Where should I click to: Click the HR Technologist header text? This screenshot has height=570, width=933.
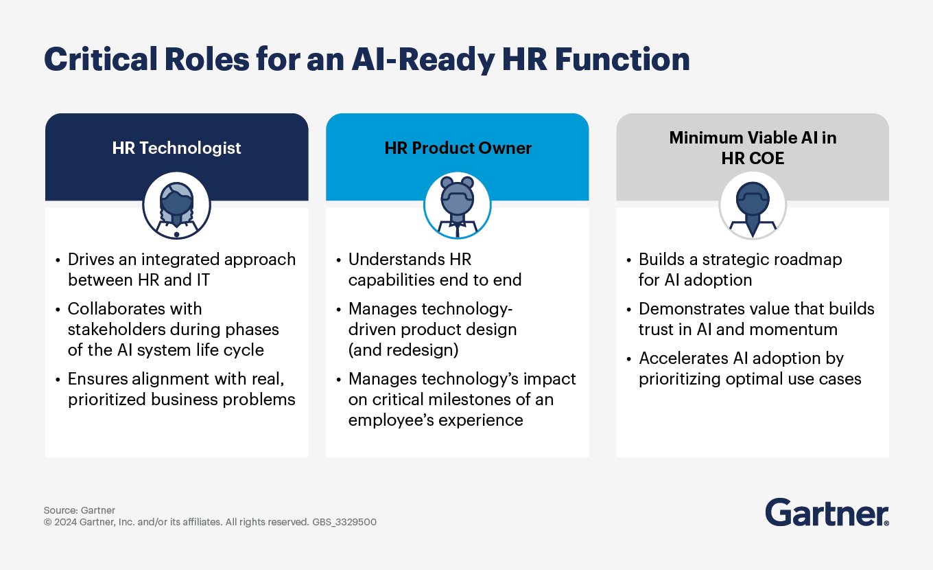tap(176, 148)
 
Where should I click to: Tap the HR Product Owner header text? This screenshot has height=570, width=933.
tap(458, 148)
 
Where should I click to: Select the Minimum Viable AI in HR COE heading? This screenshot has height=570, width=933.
tap(753, 148)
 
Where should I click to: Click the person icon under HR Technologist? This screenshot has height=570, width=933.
tap(176, 205)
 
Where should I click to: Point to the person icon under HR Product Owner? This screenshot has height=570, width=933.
tap(458, 205)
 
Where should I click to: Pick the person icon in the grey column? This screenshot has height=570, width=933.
tap(753, 205)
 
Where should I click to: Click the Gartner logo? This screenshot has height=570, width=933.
tap(827, 513)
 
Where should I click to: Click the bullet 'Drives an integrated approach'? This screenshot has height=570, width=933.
tap(181, 269)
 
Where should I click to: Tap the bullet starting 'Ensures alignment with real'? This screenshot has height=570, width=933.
tap(181, 389)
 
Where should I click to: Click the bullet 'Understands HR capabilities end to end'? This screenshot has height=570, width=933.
tap(435, 269)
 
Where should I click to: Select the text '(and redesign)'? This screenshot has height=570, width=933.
tap(403, 350)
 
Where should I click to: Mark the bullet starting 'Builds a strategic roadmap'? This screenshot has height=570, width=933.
tap(740, 269)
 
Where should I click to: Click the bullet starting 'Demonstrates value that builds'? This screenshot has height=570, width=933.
tap(756, 319)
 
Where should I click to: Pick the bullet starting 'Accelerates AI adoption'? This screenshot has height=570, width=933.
tap(749, 368)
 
